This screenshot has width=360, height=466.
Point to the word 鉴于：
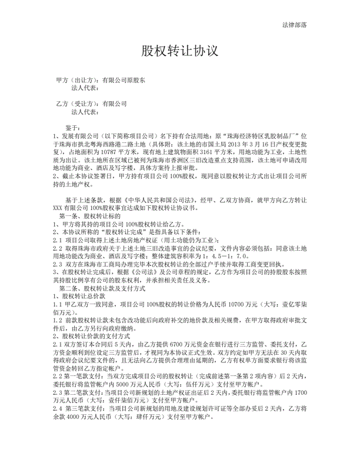coord(76,127)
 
